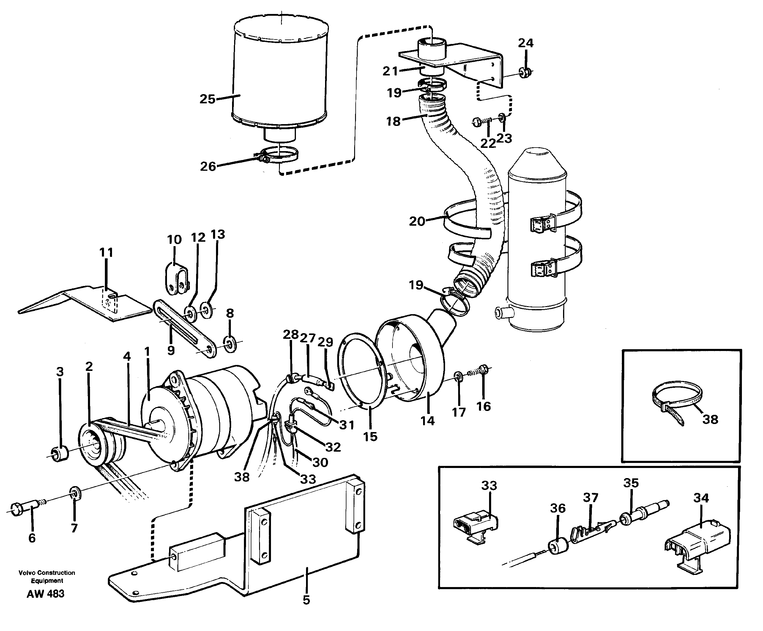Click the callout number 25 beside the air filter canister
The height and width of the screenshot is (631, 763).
(207, 99)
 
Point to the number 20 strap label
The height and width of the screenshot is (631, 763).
(417, 221)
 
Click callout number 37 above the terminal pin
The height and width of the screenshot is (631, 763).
(590, 497)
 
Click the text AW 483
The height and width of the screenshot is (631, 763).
(45, 594)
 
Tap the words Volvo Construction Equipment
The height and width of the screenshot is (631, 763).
(47, 577)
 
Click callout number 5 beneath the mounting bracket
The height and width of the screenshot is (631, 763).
(306, 600)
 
